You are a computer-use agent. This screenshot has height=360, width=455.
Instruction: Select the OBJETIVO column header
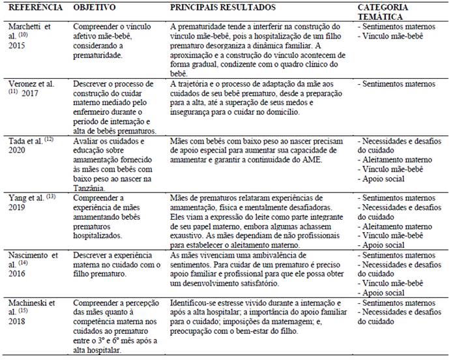point(95,7)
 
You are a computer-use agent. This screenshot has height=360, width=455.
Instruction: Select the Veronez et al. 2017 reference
point(33,89)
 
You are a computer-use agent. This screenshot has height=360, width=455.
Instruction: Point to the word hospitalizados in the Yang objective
point(102,231)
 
